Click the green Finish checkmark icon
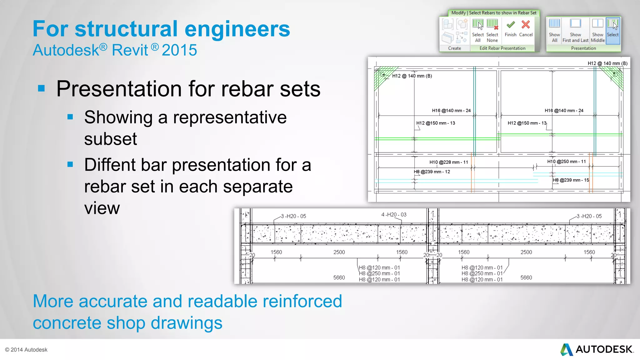[511, 25]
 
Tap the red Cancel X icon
[526, 25]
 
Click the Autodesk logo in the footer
[597, 349]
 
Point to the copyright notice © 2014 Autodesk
[26, 350]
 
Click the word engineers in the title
[237, 29]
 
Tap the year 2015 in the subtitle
[179, 50]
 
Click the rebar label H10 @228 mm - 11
[448, 162]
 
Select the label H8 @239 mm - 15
[571, 180]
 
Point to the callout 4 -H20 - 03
[394, 215]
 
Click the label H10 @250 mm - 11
[566, 162]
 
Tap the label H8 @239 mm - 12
[432, 172]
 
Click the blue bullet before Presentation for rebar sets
[41, 89]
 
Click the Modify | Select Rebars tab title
[494, 13]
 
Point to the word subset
[111, 139]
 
